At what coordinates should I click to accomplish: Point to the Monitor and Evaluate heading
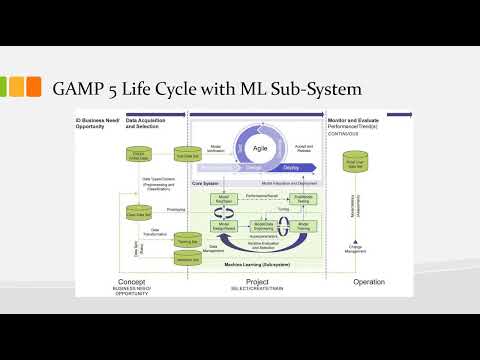click(355, 120)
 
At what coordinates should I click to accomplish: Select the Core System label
click(206, 184)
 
